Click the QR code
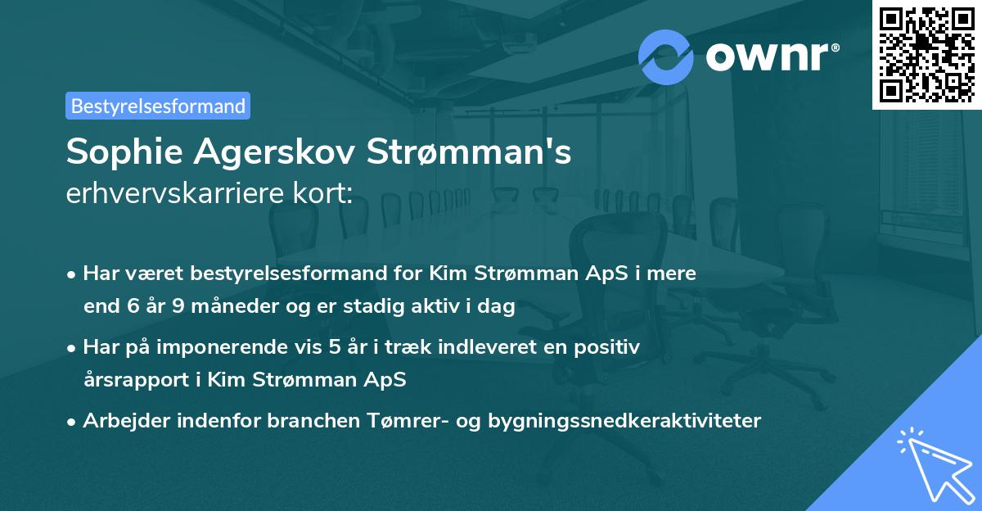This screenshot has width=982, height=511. (926, 54)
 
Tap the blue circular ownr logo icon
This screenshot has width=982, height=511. (665, 57)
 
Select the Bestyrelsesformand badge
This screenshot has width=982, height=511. (158, 106)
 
